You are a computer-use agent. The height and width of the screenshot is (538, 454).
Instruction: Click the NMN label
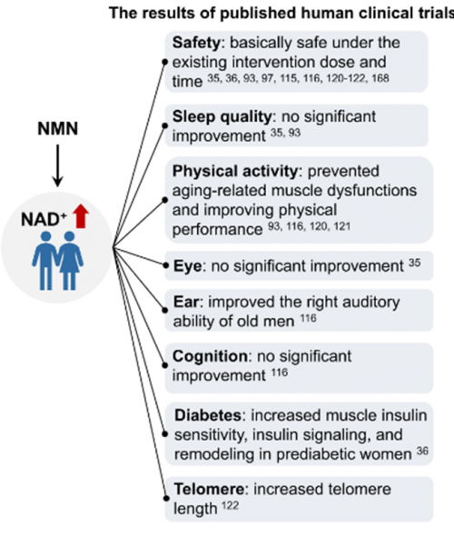coord(57,129)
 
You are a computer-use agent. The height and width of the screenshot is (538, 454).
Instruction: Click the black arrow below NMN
coord(57,165)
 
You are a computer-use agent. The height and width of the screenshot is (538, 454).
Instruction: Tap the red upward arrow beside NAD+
coord(81,215)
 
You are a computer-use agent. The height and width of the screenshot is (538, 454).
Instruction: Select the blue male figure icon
coord(45,261)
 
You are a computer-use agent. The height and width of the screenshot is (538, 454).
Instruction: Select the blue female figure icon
coord(70,261)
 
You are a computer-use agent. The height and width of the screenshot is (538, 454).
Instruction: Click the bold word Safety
coord(196,44)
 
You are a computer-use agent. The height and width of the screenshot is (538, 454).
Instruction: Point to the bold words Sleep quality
coord(222,117)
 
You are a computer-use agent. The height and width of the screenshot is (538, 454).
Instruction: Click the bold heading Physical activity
coord(235,171)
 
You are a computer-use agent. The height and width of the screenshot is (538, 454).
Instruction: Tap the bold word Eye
coord(188,266)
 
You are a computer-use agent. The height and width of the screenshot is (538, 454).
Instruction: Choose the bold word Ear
coord(186,303)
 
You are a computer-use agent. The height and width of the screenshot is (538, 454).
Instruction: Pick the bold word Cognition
coord(210,356)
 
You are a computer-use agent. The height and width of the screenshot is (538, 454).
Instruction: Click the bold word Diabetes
coord(208,415)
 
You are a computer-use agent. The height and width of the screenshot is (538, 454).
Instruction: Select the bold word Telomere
coord(209,489)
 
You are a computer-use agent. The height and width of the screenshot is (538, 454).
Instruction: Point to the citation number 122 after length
coord(230,505)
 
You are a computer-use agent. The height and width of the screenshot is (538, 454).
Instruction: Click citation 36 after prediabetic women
coord(422,451)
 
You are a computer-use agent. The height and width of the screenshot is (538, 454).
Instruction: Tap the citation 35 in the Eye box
coord(415,263)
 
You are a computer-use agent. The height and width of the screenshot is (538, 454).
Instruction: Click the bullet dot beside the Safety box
coord(165,62)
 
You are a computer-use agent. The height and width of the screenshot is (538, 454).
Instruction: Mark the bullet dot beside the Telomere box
coord(166,498)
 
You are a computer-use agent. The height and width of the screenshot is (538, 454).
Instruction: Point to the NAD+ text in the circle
coord(44,219)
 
